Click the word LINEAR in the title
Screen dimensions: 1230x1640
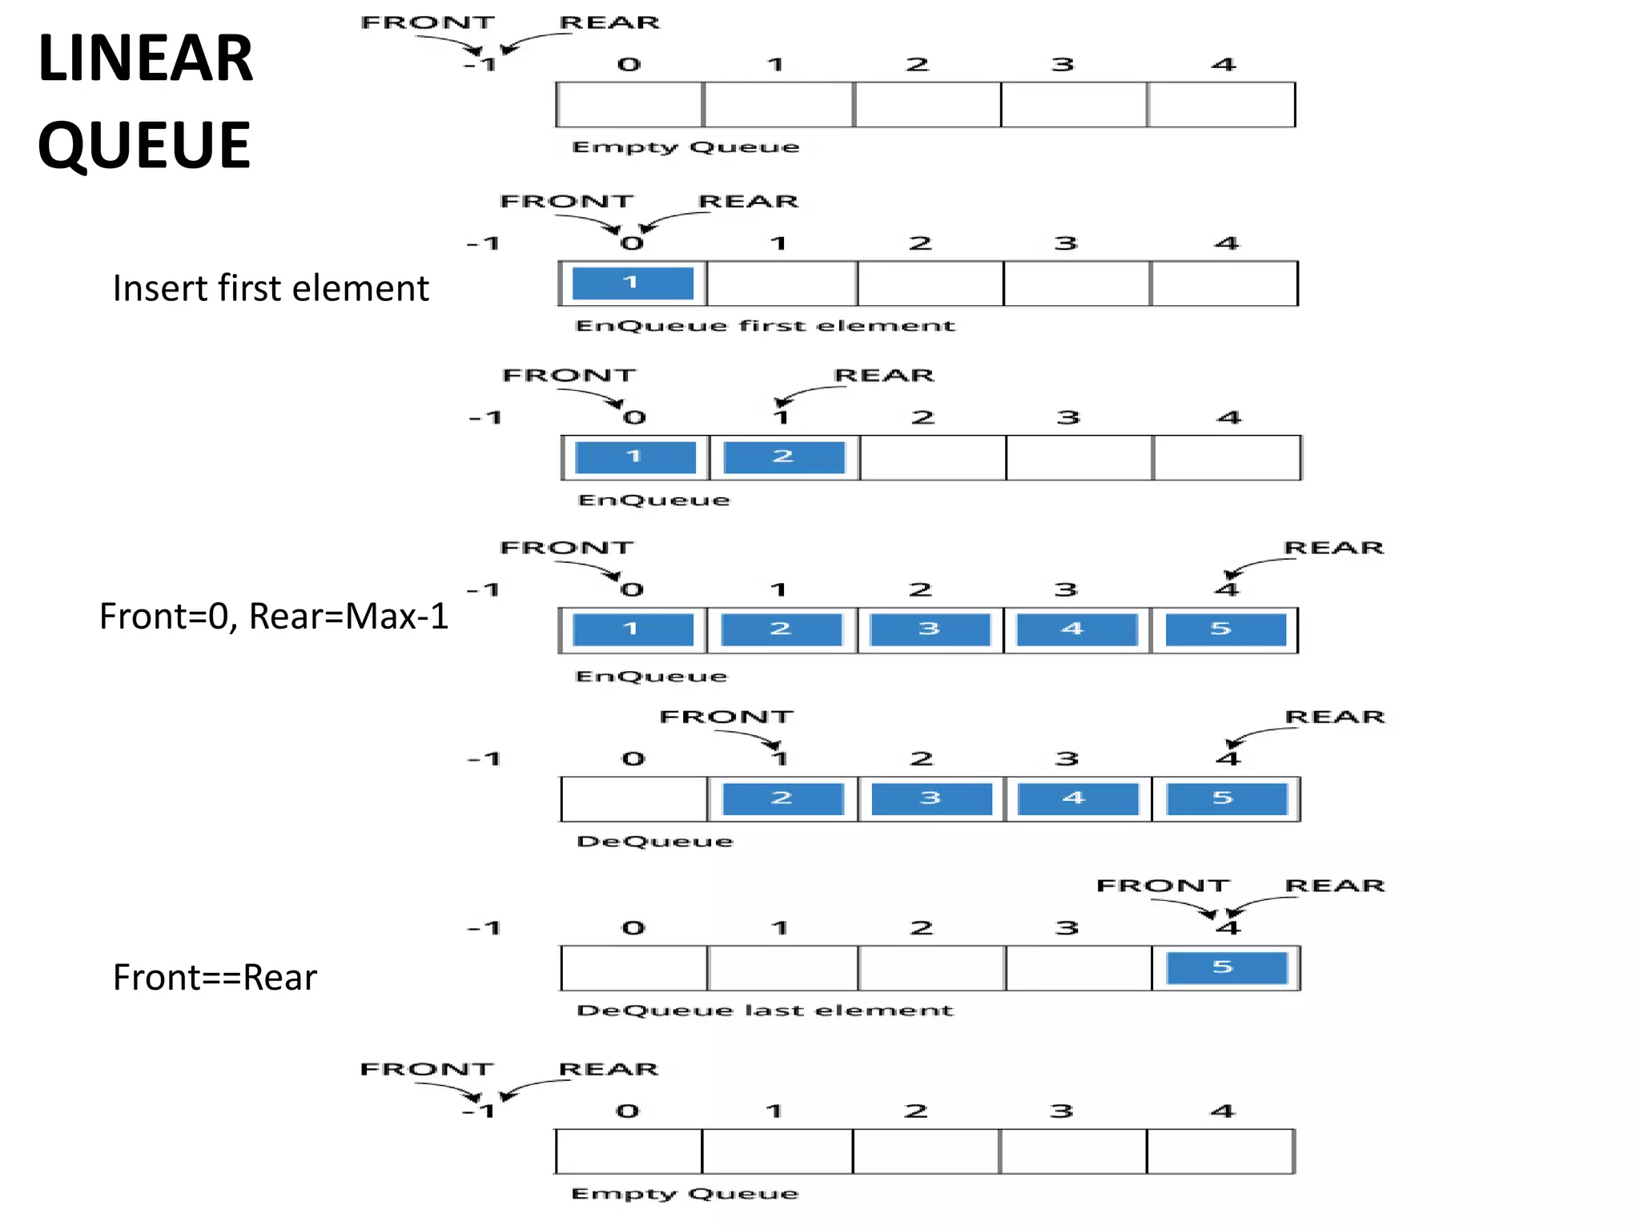tap(145, 58)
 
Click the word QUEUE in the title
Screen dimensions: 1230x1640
tap(144, 145)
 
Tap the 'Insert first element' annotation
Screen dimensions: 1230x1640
tap(271, 288)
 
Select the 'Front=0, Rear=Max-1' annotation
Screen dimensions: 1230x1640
tap(274, 617)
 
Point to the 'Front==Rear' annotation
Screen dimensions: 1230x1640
tap(215, 978)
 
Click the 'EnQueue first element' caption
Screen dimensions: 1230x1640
tap(765, 326)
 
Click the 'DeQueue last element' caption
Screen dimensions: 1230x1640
tap(765, 1011)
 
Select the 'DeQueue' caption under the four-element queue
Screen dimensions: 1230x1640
tap(655, 842)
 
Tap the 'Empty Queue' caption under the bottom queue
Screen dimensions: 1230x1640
tap(685, 1194)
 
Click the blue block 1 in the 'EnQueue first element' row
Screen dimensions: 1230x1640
tap(633, 283)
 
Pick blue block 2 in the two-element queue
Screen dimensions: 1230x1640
tap(783, 456)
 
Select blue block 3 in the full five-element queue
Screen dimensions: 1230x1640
tap(929, 629)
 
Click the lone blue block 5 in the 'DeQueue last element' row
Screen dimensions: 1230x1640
tap(1225, 967)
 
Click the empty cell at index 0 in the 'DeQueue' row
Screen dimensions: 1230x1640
tap(634, 799)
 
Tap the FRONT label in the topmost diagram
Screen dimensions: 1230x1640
tap(428, 22)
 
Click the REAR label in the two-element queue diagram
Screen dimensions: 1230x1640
tap(884, 376)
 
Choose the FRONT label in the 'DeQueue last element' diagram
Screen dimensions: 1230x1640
tap(1163, 886)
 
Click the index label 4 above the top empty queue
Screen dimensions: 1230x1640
tap(1223, 65)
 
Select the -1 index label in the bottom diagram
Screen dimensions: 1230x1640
tap(479, 1111)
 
